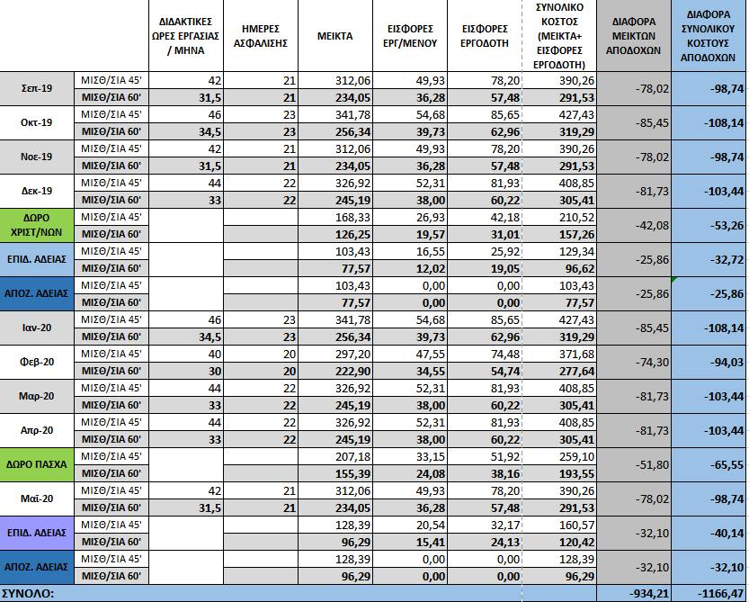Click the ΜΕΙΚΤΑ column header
[334, 36]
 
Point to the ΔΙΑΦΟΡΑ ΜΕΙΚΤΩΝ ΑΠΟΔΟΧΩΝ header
[635, 36]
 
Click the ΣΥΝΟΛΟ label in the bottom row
[29, 593]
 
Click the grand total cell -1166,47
[709, 593]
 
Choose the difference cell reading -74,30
[635, 361]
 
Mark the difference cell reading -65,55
[709, 464]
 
